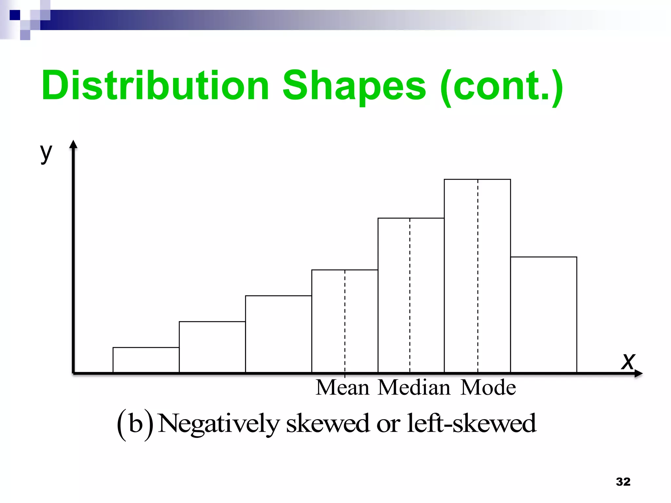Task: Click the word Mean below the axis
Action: tap(342, 388)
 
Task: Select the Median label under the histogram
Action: tap(414, 388)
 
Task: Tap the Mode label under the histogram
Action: tap(488, 388)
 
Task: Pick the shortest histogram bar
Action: tap(146, 360)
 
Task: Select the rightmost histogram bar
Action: tap(544, 315)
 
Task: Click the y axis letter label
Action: tap(46, 153)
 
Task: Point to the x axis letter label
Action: tap(628, 362)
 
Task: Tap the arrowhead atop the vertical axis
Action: tap(73, 145)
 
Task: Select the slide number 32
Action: tap(623, 482)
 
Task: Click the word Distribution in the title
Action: tap(155, 86)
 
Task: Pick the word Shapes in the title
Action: tap(354, 86)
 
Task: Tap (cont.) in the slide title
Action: tap(502, 86)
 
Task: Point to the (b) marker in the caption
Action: tap(135, 424)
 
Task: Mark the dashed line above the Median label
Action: tap(410, 295)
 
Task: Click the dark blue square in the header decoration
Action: tap(15, 15)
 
